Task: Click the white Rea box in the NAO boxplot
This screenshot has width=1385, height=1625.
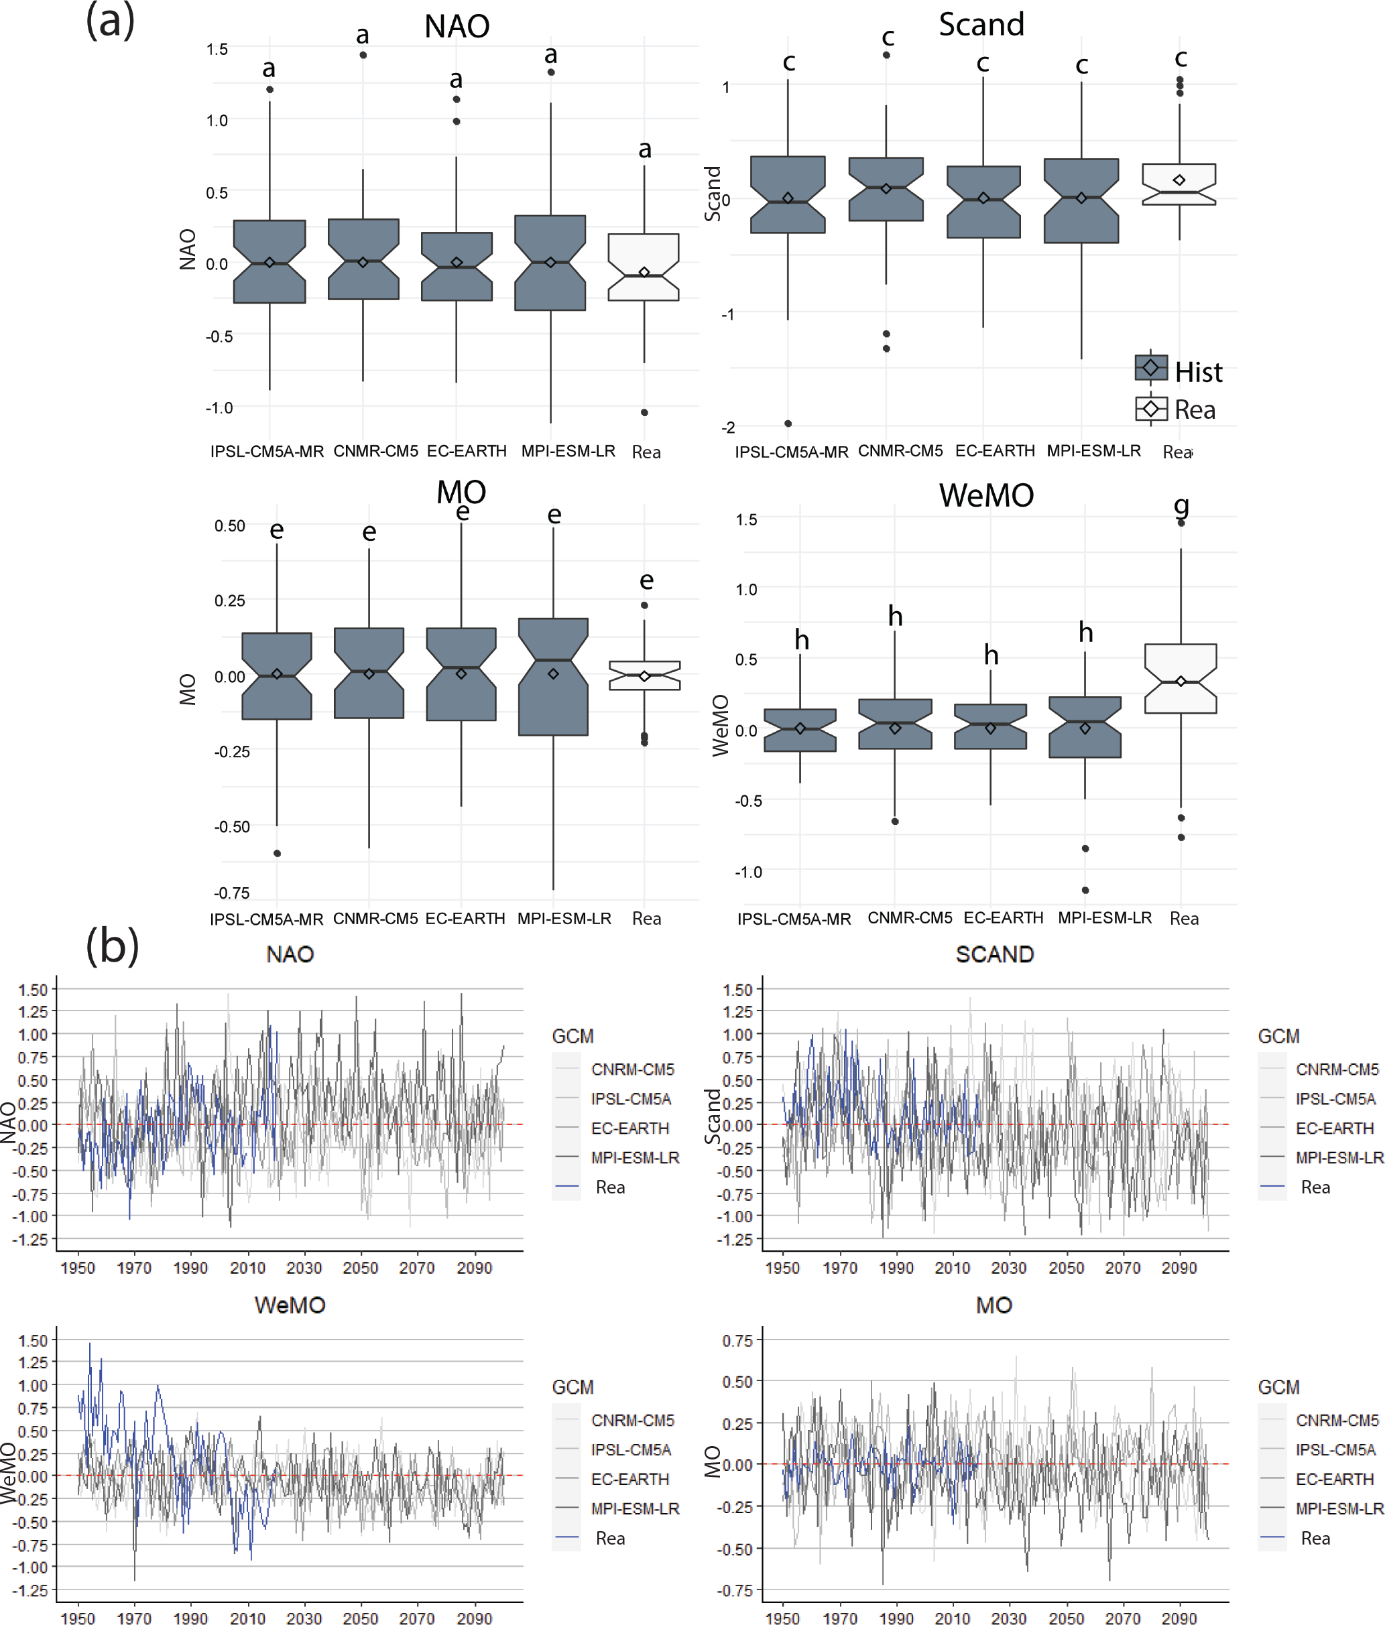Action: (x=644, y=267)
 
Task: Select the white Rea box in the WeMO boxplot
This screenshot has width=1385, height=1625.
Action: (x=1180, y=678)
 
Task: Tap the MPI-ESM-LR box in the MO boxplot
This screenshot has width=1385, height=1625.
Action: (x=553, y=676)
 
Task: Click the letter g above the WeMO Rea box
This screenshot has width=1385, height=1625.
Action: (x=1181, y=505)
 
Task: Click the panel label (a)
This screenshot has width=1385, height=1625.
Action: (x=110, y=21)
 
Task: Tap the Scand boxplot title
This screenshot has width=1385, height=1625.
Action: (x=981, y=24)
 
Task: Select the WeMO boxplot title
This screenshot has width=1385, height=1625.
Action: (x=986, y=496)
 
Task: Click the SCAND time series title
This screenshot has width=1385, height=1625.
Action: (x=994, y=954)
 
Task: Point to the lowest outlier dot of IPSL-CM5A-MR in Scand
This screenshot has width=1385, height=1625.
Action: (x=788, y=424)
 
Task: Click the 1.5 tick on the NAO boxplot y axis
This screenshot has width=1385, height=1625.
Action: (x=217, y=50)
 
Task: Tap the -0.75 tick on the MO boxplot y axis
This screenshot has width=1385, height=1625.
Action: (x=231, y=893)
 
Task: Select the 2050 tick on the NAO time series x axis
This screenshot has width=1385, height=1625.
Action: (x=360, y=1268)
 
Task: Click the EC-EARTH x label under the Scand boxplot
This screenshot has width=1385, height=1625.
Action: (x=995, y=451)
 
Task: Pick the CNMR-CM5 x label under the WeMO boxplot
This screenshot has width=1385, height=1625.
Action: (x=910, y=918)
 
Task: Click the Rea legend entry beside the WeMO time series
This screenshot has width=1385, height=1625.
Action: (x=610, y=1539)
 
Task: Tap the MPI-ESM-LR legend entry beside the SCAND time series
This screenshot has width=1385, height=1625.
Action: (x=1339, y=1157)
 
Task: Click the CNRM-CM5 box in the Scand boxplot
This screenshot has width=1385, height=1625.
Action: (x=886, y=189)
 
